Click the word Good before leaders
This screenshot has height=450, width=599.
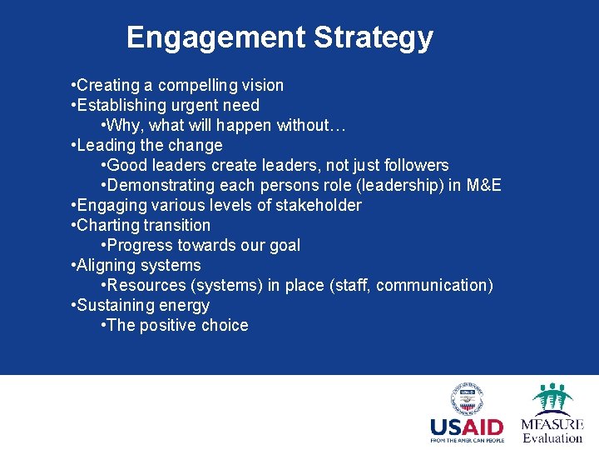[x=127, y=165]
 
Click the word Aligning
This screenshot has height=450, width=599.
[x=106, y=265]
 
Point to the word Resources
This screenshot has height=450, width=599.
[x=146, y=285]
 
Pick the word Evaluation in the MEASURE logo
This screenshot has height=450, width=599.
[x=552, y=438]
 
